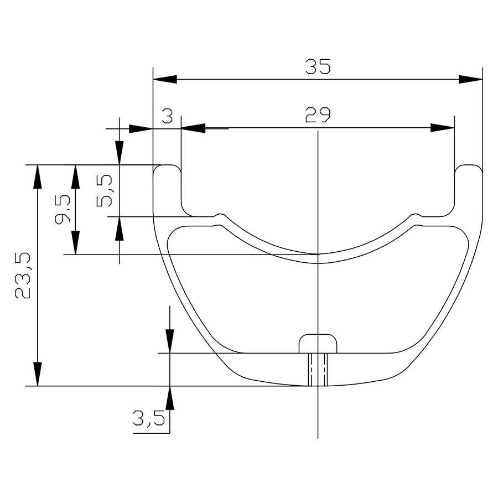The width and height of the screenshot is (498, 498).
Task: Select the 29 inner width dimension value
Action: pyautogui.click(x=318, y=115)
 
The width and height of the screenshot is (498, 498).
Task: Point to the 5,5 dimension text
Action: pyautogui.click(x=106, y=190)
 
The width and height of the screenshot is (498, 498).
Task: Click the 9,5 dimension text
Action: pyautogui.click(x=62, y=209)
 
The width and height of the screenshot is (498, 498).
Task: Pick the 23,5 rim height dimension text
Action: pyautogui.click(x=23, y=275)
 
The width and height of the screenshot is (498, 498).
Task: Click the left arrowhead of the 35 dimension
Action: pyautogui.click(x=164, y=80)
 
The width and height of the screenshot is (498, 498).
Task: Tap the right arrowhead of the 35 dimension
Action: pyautogui.click(x=470, y=80)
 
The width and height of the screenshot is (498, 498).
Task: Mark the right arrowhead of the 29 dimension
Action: pyautogui.click(x=443, y=128)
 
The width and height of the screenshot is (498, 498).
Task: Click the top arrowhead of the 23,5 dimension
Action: pyautogui.click(x=37, y=177)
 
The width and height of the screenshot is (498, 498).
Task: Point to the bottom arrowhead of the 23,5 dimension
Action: pyautogui.click(x=37, y=374)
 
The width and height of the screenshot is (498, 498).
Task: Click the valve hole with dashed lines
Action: pyautogui.click(x=318, y=369)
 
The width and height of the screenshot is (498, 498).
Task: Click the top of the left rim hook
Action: pyautogui.click(x=167, y=166)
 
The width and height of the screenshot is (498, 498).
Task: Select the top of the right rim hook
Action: pyautogui.click(x=468, y=166)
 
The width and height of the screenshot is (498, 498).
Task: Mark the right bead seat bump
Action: pyautogui.click(x=416, y=215)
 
